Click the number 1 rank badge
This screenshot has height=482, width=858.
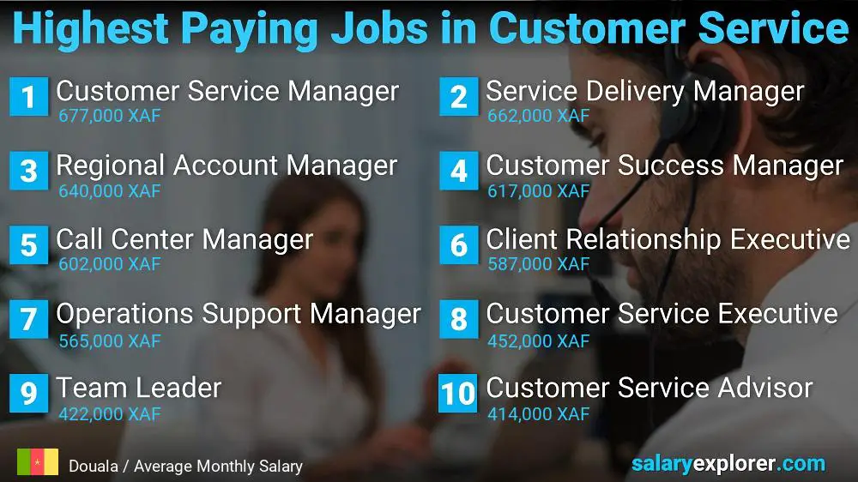[x=28, y=97]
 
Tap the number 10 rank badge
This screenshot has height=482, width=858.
[x=458, y=394]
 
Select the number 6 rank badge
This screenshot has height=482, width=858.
[x=458, y=245]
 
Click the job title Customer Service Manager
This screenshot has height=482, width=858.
[x=227, y=91]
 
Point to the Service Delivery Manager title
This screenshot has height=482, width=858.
[x=644, y=91]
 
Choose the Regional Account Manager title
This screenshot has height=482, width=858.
[x=227, y=166]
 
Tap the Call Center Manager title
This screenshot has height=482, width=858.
[x=184, y=239]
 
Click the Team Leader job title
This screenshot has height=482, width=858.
[x=138, y=388]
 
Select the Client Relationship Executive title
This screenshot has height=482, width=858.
[x=668, y=239]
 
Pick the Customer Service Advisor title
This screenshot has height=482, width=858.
[x=649, y=388]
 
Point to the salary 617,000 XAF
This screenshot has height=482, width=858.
[x=538, y=190]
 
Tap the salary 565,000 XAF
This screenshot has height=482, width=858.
[x=109, y=340]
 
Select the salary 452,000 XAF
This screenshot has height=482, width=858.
[x=538, y=340]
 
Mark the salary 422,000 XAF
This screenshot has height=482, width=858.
[x=109, y=414]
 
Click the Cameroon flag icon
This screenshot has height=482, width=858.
[x=37, y=462]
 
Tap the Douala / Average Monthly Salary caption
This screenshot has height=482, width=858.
[x=185, y=467]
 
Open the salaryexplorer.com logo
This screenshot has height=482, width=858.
[x=728, y=464]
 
